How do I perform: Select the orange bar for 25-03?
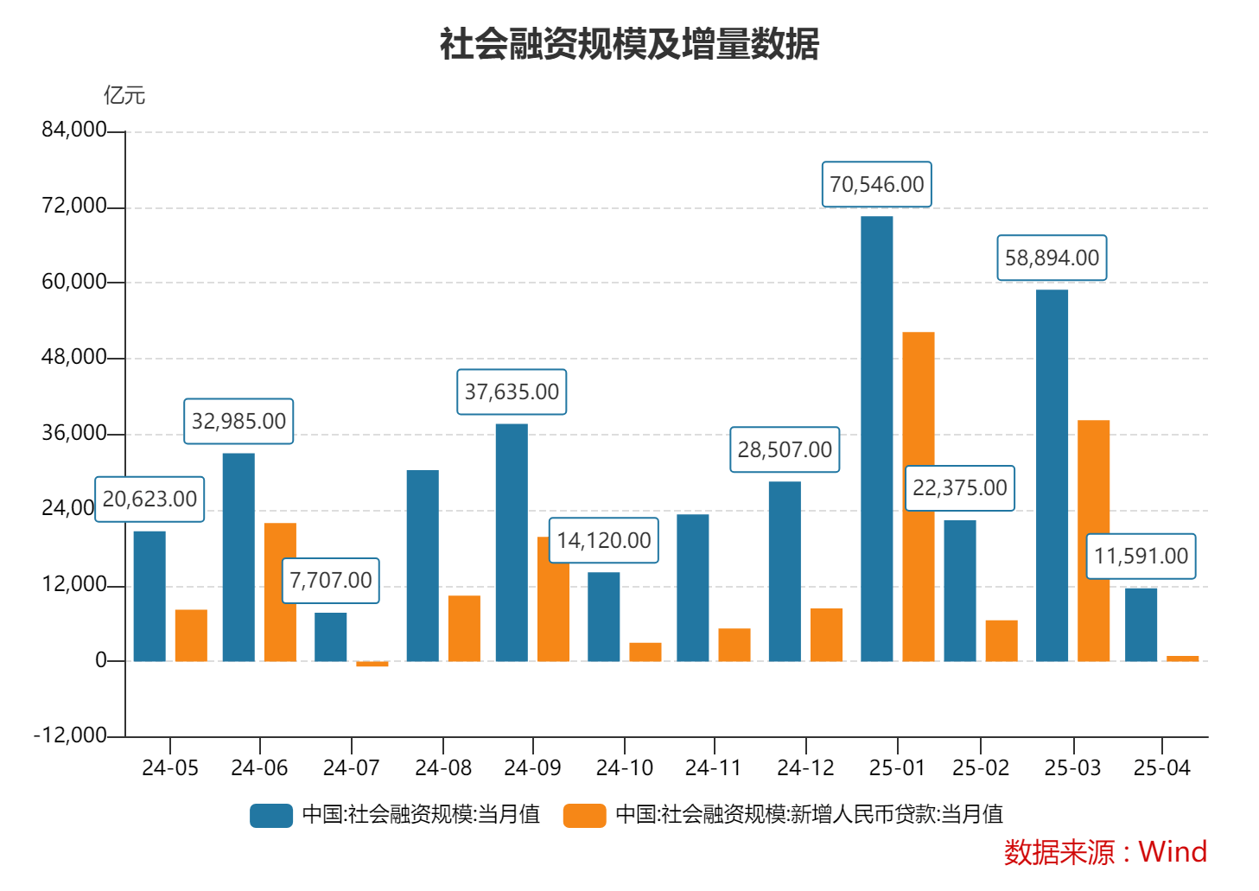coord(1093,541)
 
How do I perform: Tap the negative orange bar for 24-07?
coord(372,664)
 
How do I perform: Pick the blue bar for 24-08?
coord(423,566)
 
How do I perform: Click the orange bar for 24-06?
coord(280,593)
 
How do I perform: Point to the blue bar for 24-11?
coord(692,588)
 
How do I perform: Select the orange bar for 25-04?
coord(1182,659)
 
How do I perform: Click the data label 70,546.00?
coord(876,184)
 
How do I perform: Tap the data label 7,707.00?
coord(330,580)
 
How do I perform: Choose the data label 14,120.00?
coord(603,540)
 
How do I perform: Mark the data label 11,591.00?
coord(1141,556)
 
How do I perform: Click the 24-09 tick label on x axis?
coord(532,767)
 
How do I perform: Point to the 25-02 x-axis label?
coord(980,767)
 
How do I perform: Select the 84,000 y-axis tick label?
coord(73,130)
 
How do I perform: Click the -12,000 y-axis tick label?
coord(70,735)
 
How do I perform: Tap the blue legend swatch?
coord(271,815)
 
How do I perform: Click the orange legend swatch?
coord(584,815)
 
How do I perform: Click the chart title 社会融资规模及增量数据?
coord(629,44)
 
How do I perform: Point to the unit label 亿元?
coord(124,95)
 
